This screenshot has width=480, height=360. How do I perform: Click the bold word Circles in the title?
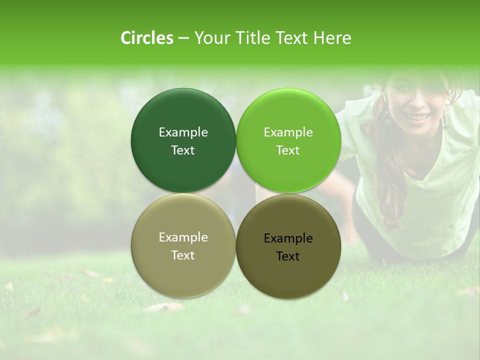coord(146,38)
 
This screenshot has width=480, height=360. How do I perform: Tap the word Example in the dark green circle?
coord(183,132)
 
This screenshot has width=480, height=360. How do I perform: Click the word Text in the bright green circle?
coord(288,150)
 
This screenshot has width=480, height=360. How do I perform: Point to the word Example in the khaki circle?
coord(183,237)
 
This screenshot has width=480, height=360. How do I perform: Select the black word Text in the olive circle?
coord(288,256)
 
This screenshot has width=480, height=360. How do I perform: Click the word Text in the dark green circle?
coord(183,150)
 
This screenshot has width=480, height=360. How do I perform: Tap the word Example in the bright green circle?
coord(288,132)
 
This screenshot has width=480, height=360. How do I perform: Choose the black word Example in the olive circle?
coord(288,238)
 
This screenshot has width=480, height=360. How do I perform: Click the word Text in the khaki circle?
coord(183,255)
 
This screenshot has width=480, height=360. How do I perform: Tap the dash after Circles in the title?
coord(183,38)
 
